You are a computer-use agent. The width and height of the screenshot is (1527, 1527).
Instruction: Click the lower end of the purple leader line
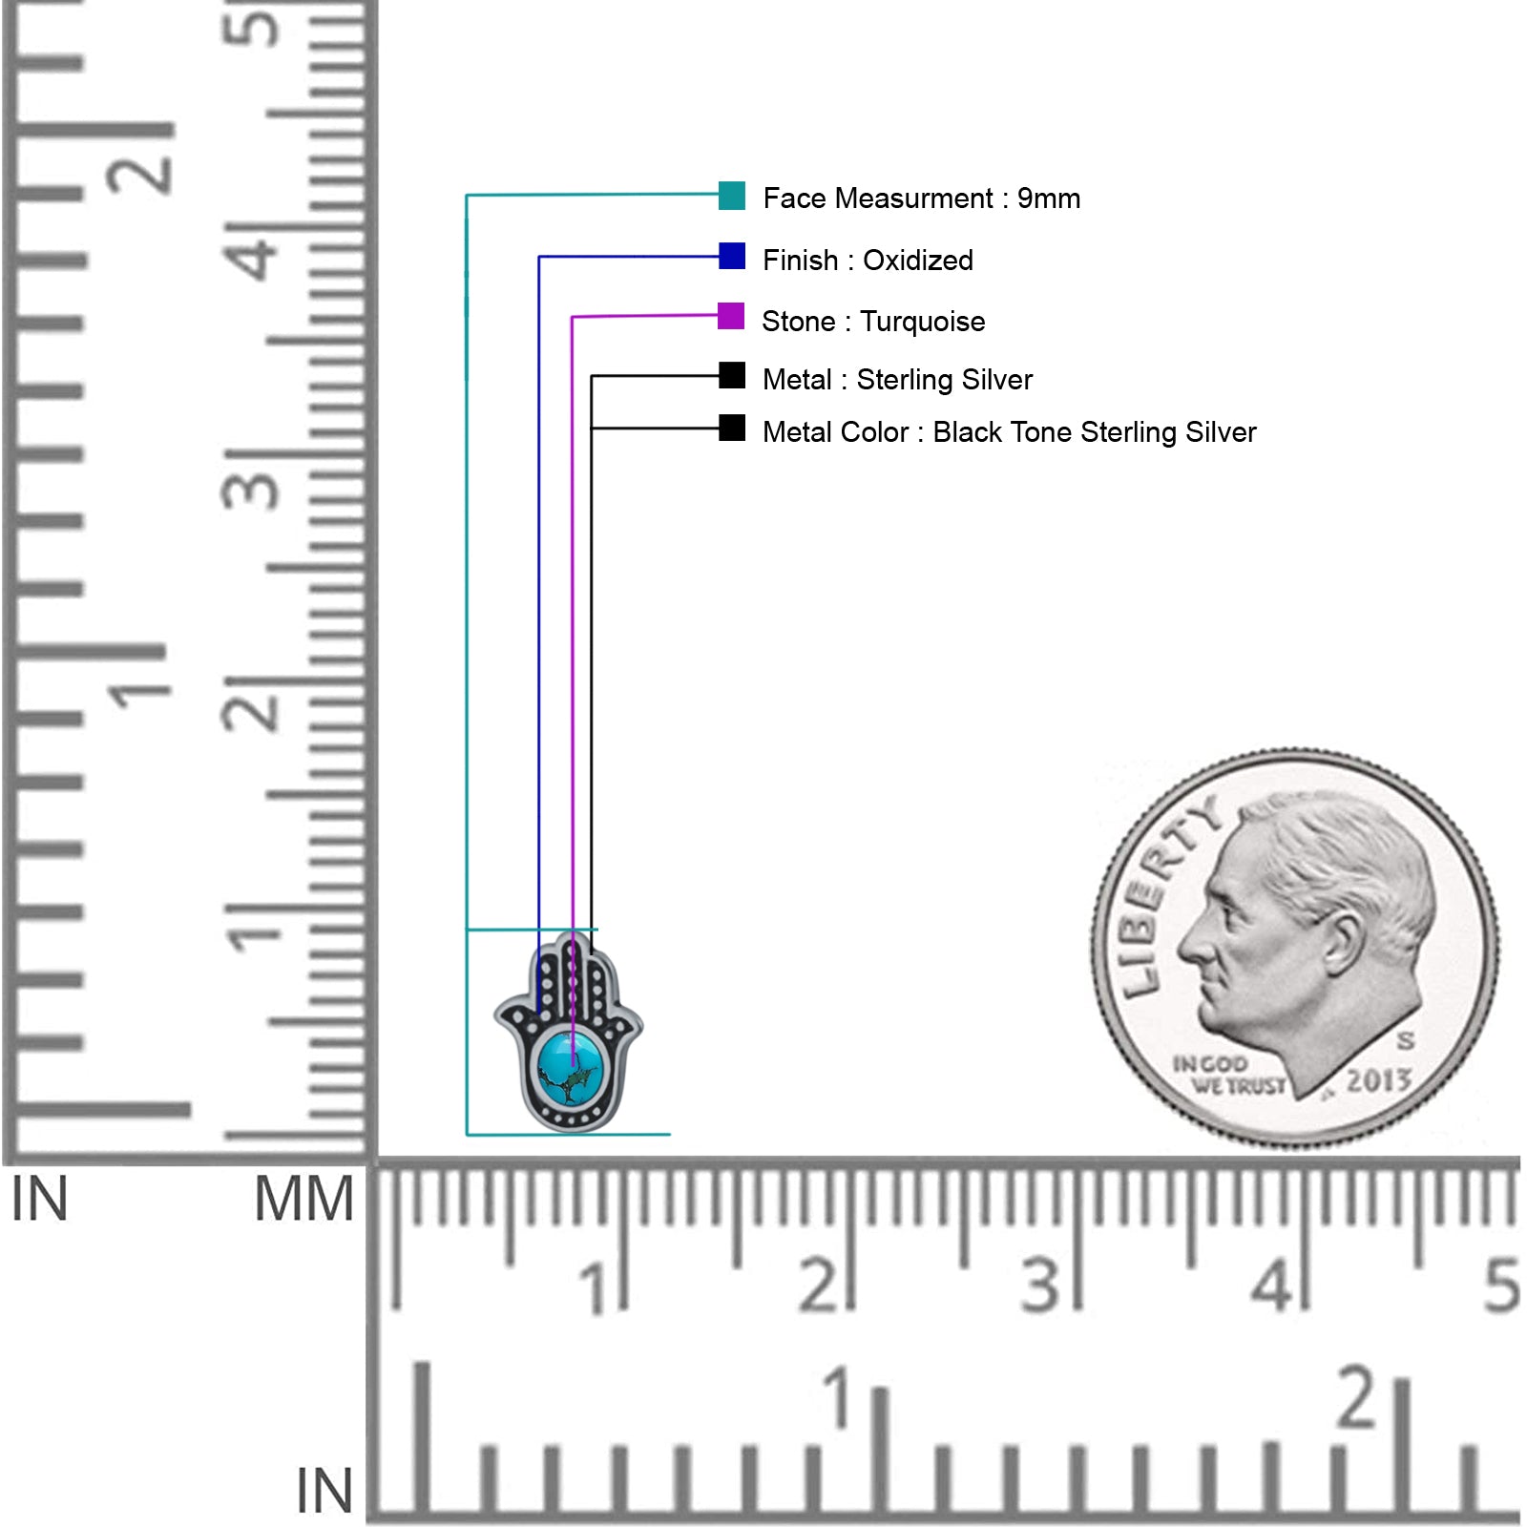coord(572,1065)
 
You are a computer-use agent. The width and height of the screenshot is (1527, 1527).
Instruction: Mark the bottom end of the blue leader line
coord(539,1011)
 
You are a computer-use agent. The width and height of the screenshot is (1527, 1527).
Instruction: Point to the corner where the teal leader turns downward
coord(467,196)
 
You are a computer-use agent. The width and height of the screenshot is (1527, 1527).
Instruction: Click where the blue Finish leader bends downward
coord(539,257)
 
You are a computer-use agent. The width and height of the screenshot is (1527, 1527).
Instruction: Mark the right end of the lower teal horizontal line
coord(670,1134)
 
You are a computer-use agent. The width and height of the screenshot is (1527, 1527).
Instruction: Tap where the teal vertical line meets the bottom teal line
coord(467,1134)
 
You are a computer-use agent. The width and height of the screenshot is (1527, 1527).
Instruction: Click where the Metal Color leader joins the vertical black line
coord(592,429)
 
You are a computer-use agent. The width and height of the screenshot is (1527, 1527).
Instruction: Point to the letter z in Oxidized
coord(937,261)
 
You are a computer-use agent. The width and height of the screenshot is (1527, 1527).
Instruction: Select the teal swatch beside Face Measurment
coord(732,196)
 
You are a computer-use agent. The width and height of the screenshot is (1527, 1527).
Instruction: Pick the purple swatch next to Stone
coord(731,316)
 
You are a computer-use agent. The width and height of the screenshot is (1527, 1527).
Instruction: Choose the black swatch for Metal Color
coord(732,428)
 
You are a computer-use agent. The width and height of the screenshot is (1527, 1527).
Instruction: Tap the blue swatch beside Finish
coord(732,256)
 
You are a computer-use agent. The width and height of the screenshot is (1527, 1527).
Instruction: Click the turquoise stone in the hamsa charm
coord(572,1069)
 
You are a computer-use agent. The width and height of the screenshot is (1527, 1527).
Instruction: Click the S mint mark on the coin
coord(1406,1039)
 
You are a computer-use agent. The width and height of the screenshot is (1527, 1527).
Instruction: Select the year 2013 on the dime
coord(1379,1080)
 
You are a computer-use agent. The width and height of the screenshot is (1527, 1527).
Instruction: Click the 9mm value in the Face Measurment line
coord(1049,199)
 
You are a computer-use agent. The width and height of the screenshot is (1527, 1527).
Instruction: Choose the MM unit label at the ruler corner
coord(304,1199)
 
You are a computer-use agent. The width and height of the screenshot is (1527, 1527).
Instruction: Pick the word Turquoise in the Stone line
coord(923,322)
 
